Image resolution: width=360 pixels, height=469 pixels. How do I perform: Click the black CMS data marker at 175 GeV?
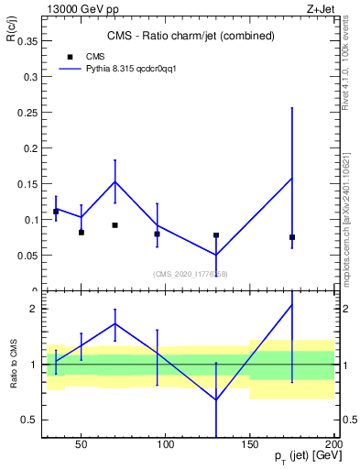point(292,237)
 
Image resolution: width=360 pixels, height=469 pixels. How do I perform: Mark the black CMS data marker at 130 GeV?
point(216,235)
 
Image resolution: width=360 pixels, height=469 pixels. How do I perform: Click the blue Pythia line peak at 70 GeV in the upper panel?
point(115,180)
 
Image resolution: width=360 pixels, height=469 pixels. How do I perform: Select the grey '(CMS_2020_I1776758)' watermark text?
point(191,274)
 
